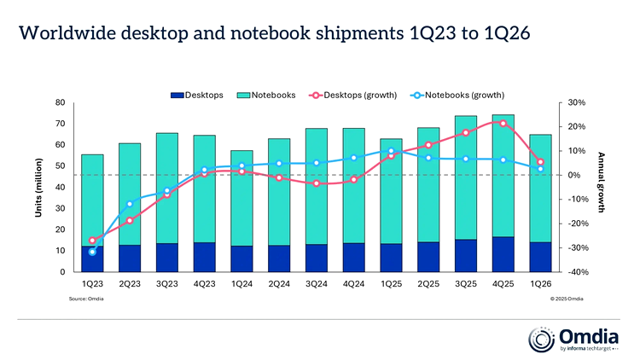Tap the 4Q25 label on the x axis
503,282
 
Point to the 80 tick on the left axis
60,102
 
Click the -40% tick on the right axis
573,272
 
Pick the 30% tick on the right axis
573,102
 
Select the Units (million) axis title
38,187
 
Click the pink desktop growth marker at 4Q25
503,124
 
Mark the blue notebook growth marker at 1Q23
92,252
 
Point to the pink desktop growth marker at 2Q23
130,221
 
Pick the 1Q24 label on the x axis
241,282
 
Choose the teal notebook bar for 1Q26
540,188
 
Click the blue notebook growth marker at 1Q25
391,151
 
